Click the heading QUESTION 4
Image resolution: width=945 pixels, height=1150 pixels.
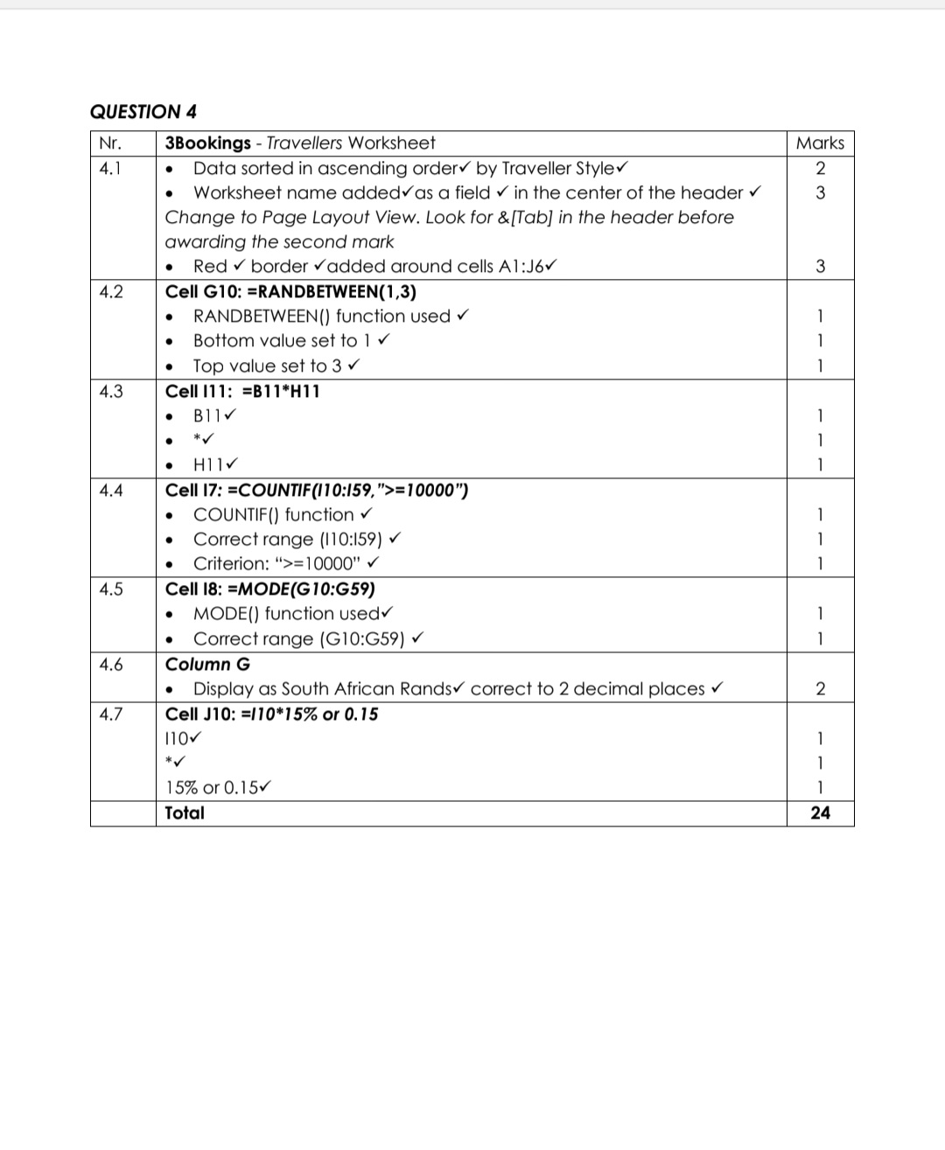tap(143, 112)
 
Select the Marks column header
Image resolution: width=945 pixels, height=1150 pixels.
tap(820, 143)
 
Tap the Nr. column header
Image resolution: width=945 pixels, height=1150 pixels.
tap(110, 143)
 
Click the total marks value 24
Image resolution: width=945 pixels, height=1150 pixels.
tap(820, 813)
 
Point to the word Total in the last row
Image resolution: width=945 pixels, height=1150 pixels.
tap(185, 813)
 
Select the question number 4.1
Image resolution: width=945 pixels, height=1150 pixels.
tap(110, 169)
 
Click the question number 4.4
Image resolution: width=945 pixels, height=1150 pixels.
tap(110, 491)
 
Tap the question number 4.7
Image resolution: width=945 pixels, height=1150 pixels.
tap(110, 714)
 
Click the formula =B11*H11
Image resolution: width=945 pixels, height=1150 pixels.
tap(280, 391)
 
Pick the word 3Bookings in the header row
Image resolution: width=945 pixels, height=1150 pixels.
tap(208, 143)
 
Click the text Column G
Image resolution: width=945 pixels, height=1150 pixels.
tap(207, 665)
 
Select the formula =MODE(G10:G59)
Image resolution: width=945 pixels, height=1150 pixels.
tap(301, 589)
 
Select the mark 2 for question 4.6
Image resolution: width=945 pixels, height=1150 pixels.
tap(820, 689)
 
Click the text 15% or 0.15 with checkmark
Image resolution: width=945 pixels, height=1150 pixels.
tap(213, 788)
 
